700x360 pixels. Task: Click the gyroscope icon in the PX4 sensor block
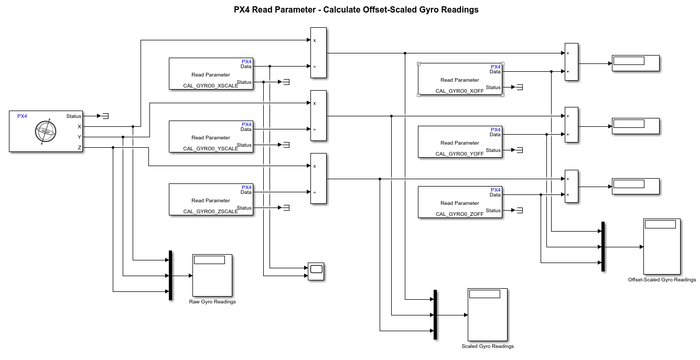(45, 132)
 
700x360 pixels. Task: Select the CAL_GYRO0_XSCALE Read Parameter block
(210, 74)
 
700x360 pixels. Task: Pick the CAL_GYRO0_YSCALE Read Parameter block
(210, 137)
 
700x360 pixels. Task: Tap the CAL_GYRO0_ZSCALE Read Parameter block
(210, 200)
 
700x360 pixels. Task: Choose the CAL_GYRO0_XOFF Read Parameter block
(460, 80)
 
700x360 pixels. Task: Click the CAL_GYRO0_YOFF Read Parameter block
(460, 142)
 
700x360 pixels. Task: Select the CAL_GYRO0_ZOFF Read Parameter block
(460, 202)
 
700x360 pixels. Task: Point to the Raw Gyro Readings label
(212, 302)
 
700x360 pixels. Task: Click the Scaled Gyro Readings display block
(488, 314)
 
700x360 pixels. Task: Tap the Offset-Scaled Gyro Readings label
(662, 280)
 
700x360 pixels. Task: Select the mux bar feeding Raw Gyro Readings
(170, 275)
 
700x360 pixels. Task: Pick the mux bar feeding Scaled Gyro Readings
(435, 315)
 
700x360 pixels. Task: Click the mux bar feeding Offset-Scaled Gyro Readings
(603, 246)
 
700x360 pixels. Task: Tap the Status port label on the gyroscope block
(74, 116)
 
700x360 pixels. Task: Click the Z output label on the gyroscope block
(80, 148)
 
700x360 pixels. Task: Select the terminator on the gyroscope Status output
(105, 116)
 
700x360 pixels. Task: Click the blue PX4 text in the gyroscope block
(22, 116)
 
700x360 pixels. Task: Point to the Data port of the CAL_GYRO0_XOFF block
(495, 72)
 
